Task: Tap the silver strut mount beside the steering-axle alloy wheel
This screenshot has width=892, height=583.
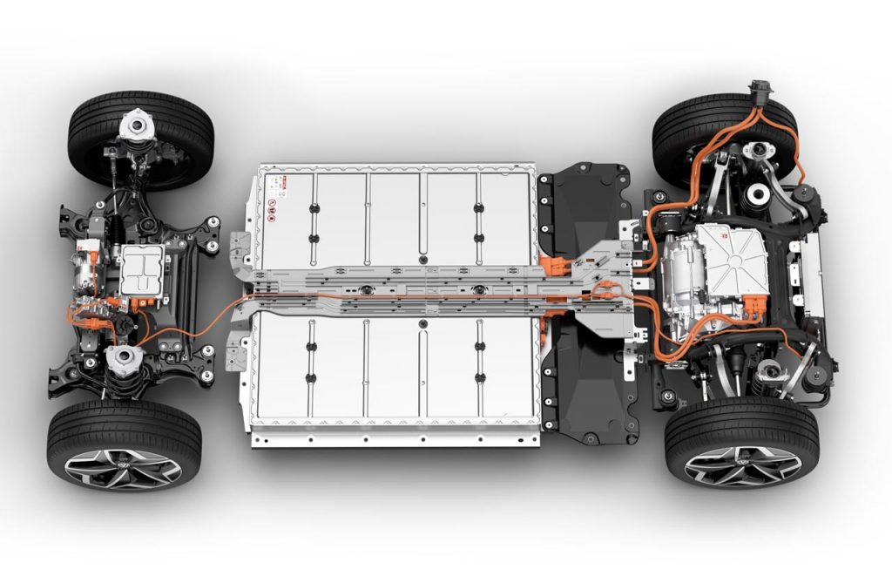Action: (125, 361)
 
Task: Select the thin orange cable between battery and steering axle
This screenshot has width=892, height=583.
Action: (192, 317)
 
